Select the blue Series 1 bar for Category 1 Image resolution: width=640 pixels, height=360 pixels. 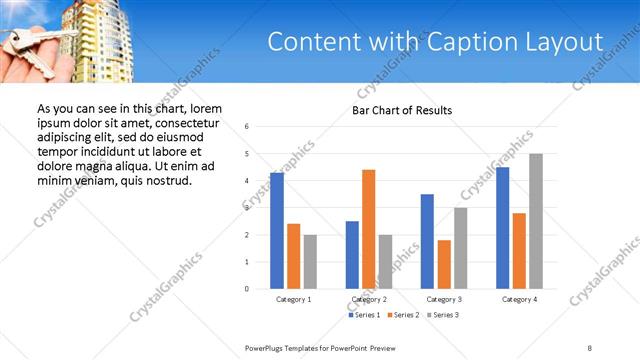tap(277, 231)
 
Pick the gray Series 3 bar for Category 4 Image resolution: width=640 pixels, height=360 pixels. tap(536, 221)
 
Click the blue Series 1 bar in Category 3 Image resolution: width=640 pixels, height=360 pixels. tap(427, 241)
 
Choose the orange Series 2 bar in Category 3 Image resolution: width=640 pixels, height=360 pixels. tap(444, 264)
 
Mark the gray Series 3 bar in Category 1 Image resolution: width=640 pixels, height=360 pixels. tap(310, 262)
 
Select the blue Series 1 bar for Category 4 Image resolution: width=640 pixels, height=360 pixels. tap(502, 228)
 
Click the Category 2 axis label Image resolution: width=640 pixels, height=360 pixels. tap(369, 299)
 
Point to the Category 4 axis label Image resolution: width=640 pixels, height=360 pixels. tap(519, 299)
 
